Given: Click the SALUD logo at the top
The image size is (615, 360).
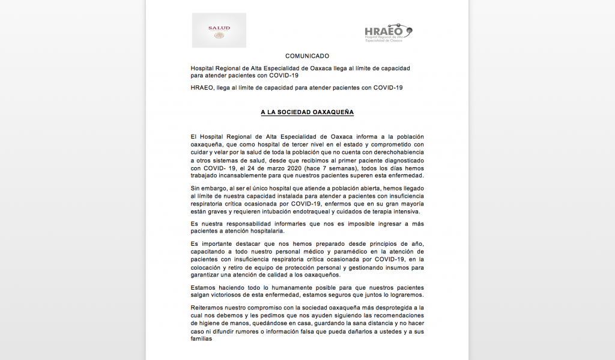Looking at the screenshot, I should tap(219, 30).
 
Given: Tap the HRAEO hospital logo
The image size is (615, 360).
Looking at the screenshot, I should tap(389, 32).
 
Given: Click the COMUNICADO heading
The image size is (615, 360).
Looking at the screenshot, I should tap(307, 56).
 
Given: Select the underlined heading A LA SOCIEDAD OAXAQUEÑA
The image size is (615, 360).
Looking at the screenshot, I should tap(307, 112).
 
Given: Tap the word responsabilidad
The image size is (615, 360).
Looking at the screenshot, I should tap(246, 224).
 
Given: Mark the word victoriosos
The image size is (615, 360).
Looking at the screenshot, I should tap(234, 295).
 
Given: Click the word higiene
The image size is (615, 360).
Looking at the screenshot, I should tap(214, 323).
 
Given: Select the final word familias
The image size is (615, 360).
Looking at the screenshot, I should tap(203, 338).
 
